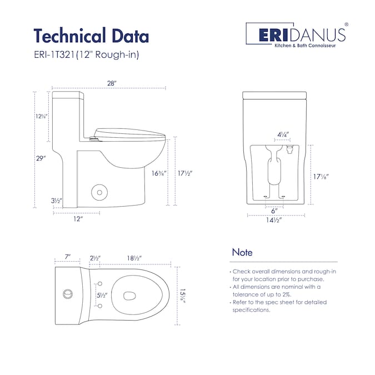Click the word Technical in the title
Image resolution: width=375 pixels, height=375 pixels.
pos(69,36)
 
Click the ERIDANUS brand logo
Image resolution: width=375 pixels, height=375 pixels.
pos(297,35)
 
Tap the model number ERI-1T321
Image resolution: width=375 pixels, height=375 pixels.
pos(54,55)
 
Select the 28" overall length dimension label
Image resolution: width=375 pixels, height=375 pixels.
pos(112,83)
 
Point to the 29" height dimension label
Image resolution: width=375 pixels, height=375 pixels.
pos(41,158)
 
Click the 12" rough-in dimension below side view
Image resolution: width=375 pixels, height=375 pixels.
pos(78,219)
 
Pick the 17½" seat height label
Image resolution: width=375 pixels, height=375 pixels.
pos(185,173)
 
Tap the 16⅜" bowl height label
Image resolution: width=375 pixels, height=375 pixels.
pos(158,173)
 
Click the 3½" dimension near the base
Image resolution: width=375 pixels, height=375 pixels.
pos(57,201)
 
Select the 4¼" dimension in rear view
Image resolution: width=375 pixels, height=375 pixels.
pos(283,134)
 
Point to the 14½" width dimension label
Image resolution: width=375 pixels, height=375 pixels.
pos(274,220)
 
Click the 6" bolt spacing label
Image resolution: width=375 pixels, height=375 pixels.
pos(274,211)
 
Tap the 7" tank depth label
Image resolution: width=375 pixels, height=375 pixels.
pos(68,257)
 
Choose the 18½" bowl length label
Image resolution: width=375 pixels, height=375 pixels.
pos(134,258)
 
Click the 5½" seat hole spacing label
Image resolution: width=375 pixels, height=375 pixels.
pos(102,296)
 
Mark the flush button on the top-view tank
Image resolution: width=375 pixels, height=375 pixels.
pos(68,294)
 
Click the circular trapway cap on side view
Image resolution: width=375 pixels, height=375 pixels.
pos(99,192)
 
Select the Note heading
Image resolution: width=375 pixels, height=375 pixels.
pos(242,252)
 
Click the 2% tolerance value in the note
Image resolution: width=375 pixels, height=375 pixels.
pos(286,294)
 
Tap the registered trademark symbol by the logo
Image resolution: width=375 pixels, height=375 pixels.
pos(346,24)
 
